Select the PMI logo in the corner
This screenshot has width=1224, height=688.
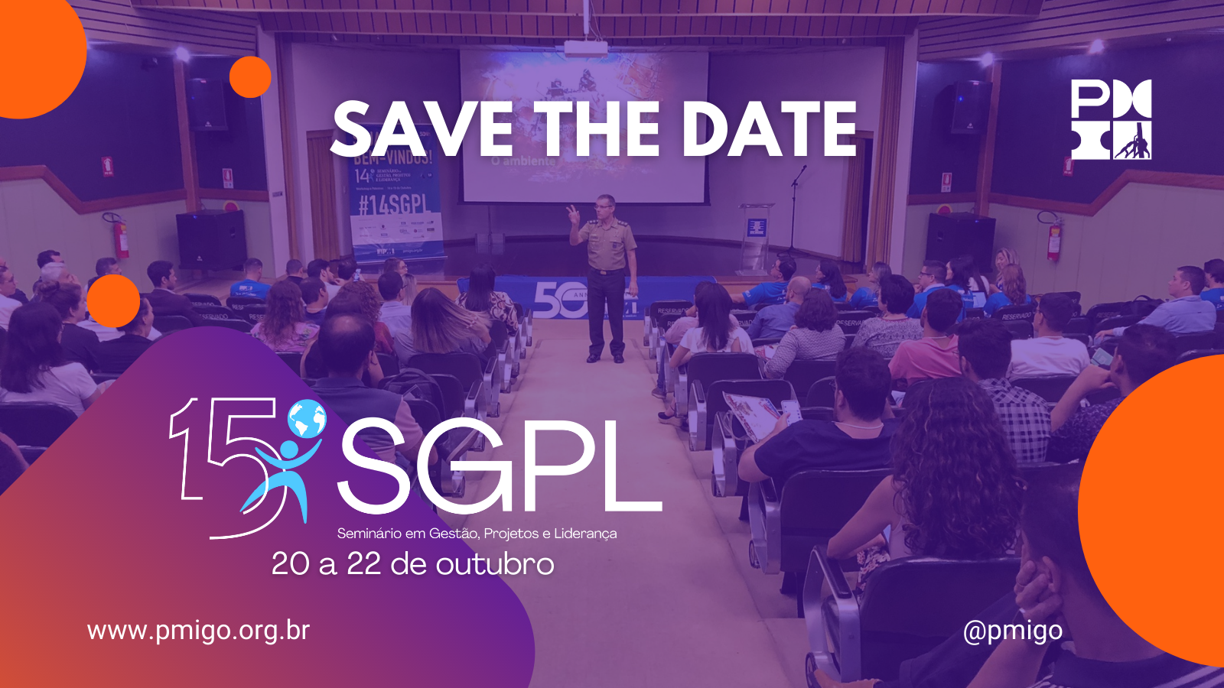pyautogui.click(x=1111, y=119)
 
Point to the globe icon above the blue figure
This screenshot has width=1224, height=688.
pyautogui.click(x=307, y=418)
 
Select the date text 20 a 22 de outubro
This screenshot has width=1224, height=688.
pyautogui.click(x=412, y=564)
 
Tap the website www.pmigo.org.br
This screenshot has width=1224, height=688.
pyautogui.click(x=198, y=631)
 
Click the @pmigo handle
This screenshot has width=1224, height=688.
pyautogui.click(x=1013, y=631)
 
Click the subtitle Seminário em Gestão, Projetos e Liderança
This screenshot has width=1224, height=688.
pyautogui.click(x=477, y=534)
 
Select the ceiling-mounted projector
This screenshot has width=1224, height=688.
pyautogui.click(x=586, y=47)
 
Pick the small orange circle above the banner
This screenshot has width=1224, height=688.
pyautogui.click(x=250, y=76)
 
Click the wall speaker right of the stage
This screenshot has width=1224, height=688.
pyautogui.click(x=970, y=106)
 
